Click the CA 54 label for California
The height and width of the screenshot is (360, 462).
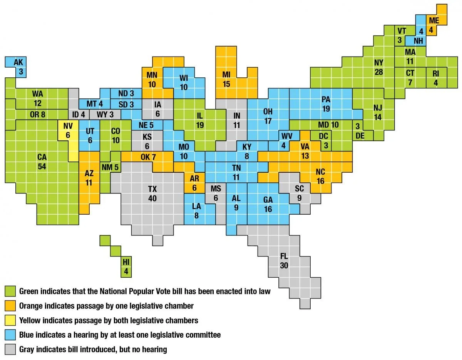tap(42, 162)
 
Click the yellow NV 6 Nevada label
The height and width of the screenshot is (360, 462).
tap(68, 130)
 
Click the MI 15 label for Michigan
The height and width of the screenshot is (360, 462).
tap(226, 78)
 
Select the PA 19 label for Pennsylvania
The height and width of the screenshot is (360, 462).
tap(326, 104)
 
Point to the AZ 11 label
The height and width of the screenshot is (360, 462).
tap(89, 178)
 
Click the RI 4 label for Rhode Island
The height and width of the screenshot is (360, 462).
tap(436, 78)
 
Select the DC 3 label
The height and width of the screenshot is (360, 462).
tap(324, 141)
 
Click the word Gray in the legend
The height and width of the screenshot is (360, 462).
tap(27, 350)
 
